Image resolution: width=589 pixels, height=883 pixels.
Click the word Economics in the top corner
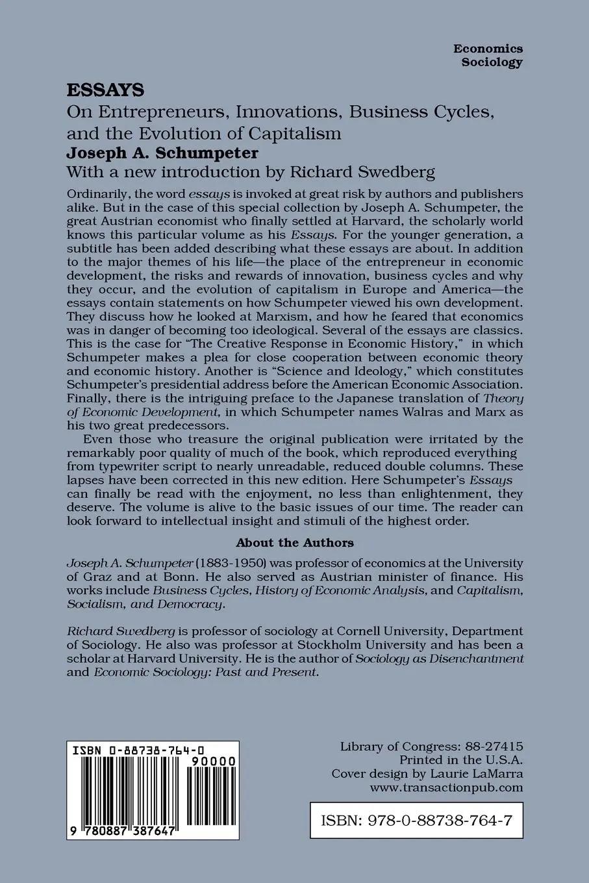pos(488,49)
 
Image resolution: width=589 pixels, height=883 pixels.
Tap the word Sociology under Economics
pos(492,63)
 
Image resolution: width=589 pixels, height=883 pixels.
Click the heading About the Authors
pos(294,543)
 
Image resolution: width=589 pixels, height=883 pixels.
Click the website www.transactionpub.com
pos(446,788)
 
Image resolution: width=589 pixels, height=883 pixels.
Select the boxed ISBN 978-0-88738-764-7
pos(416,820)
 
